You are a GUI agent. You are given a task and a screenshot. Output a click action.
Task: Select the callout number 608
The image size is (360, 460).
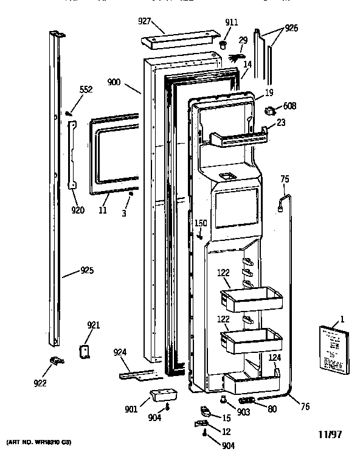click(289, 106)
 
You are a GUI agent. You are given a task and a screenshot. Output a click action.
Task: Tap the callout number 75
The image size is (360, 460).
click(284, 179)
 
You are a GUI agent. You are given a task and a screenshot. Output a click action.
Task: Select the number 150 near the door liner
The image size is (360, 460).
click(201, 224)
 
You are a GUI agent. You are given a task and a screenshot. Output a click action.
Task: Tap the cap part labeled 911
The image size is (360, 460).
click(223, 45)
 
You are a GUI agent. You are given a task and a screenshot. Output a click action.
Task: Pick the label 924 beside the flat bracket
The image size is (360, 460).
click(120, 352)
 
